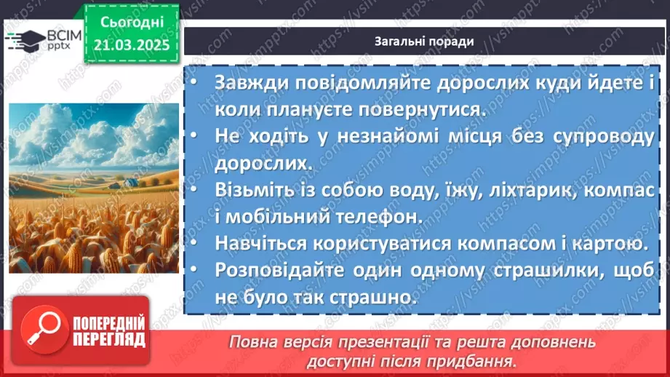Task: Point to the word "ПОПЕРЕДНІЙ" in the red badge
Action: [x=107, y=322]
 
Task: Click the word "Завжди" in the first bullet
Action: [x=247, y=82]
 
